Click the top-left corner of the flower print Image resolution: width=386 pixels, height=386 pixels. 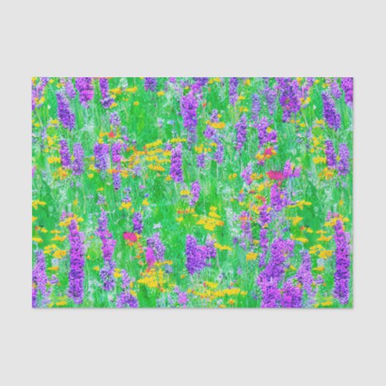(x=32, y=78)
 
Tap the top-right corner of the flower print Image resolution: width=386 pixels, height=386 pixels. (x=353, y=78)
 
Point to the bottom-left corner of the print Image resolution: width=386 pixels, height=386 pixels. (x=32, y=307)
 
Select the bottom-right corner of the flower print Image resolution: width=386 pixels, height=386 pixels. (x=353, y=307)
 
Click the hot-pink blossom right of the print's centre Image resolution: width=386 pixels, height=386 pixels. (x=275, y=175)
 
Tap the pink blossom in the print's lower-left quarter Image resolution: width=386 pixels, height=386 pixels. (x=130, y=237)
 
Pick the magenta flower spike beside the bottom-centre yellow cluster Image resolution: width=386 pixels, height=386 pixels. (x=150, y=255)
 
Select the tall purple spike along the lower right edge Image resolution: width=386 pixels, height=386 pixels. (x=341, y=259)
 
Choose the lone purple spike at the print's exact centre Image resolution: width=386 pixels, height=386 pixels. (x=176, y=164)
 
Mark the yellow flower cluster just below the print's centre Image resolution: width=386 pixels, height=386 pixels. (x=210, y=219)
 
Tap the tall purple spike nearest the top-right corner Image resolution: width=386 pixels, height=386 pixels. (x=331, y=109)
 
